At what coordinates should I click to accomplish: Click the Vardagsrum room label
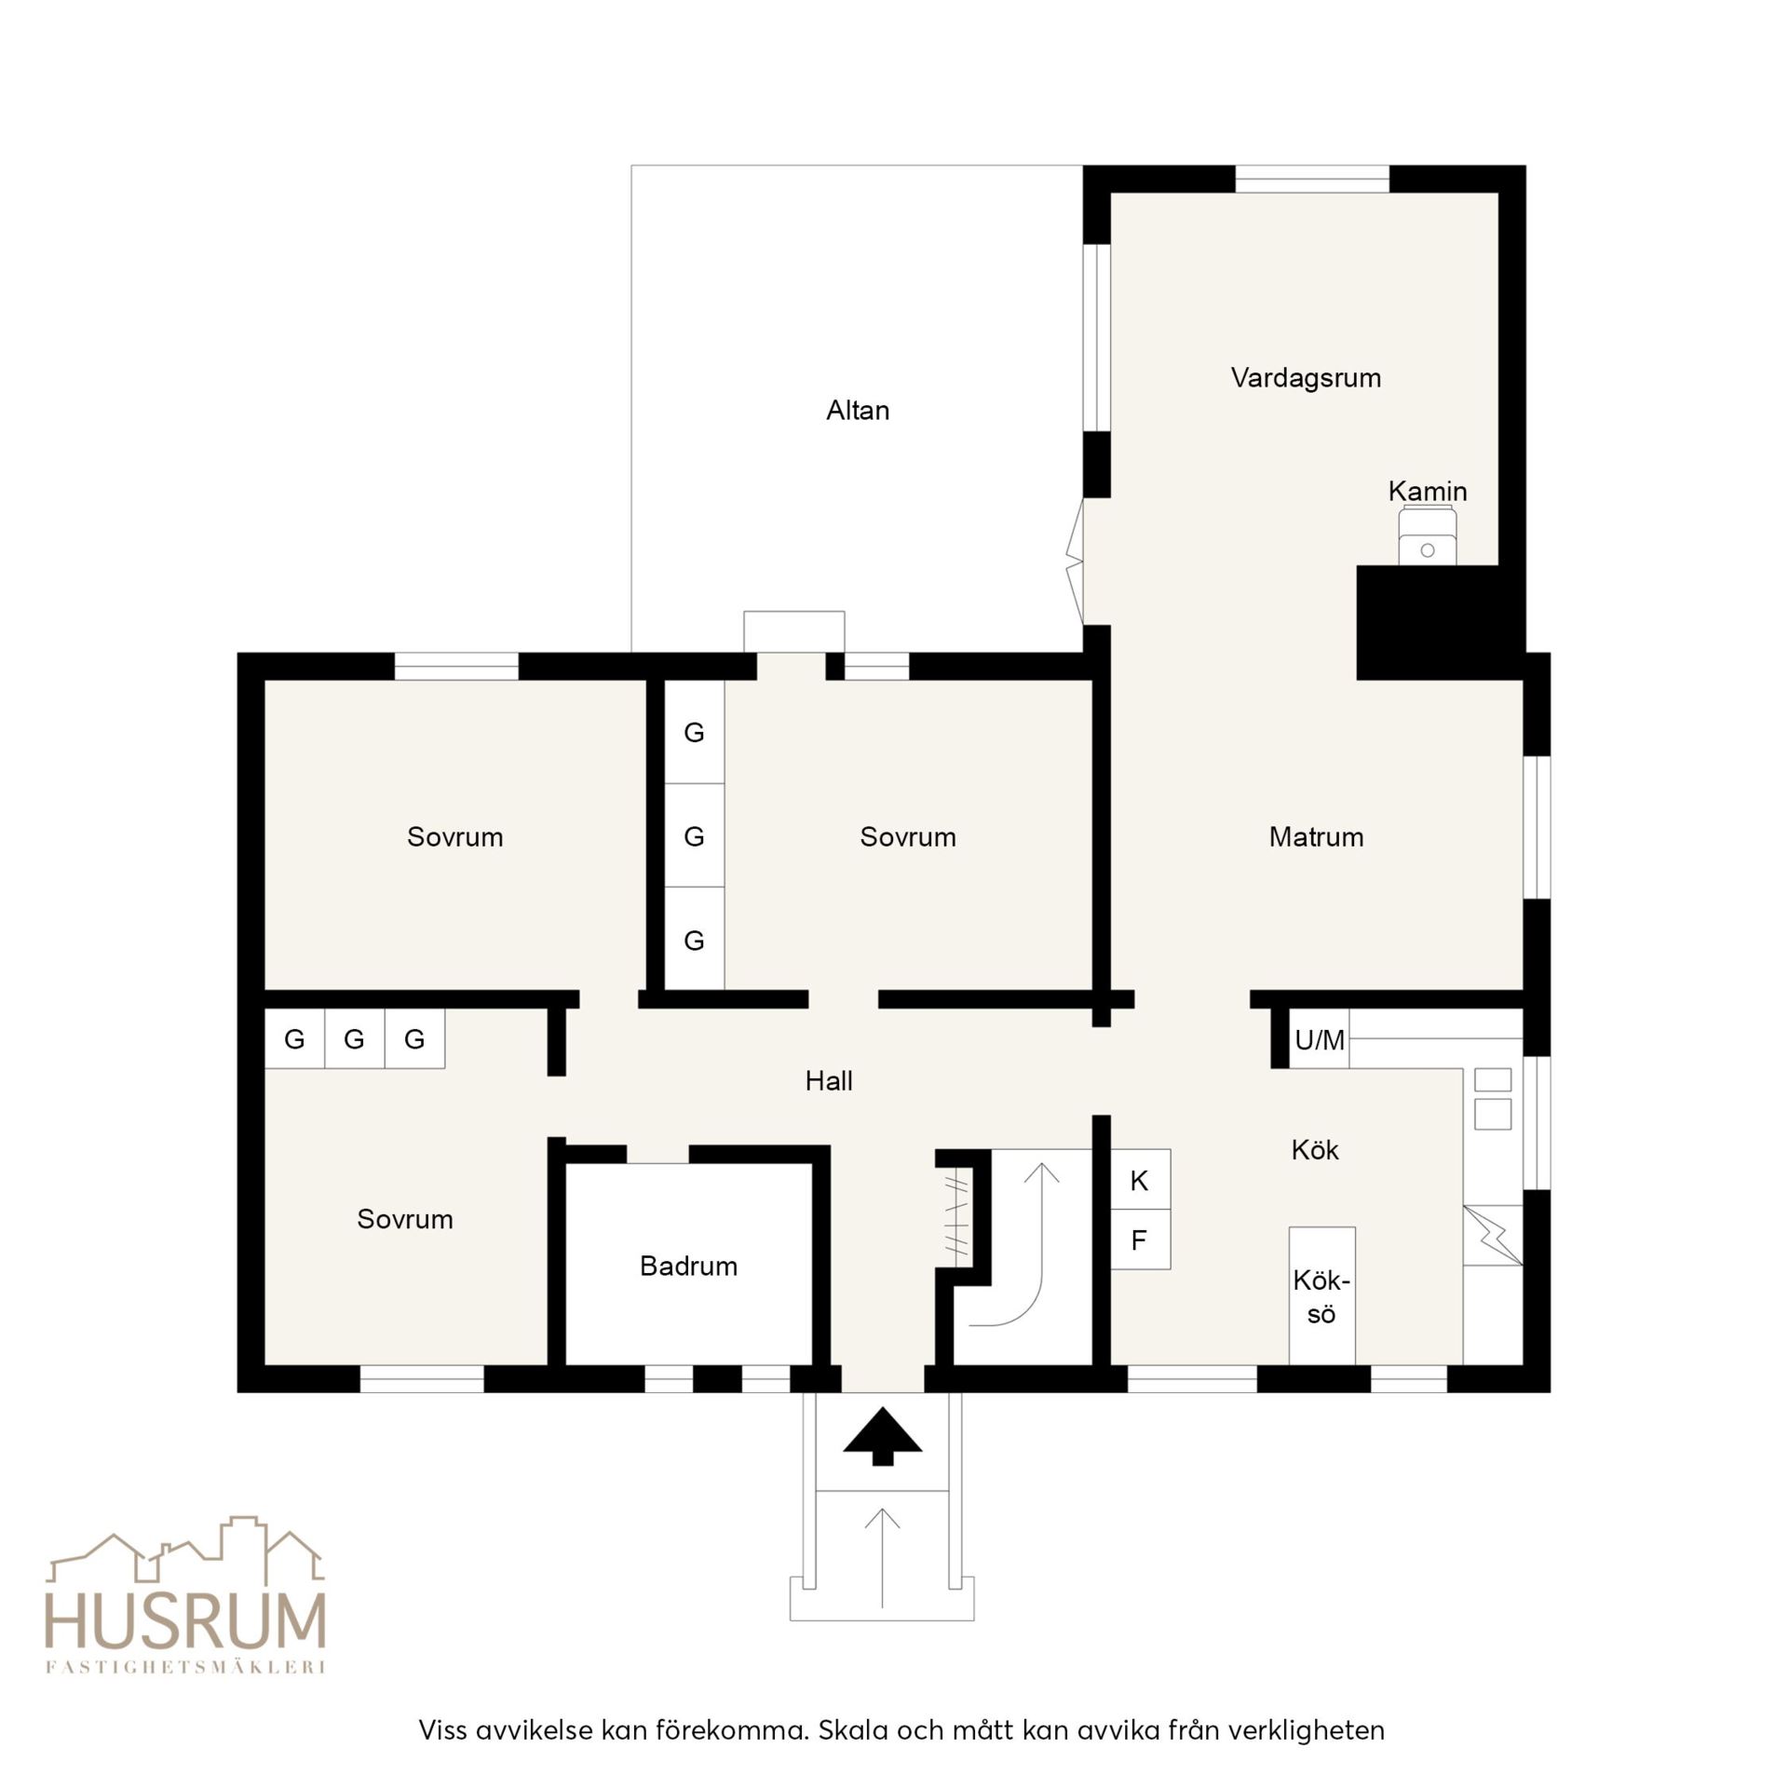coord(1306,378)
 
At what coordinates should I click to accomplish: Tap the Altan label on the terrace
coord(858,411)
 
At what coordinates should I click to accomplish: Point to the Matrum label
coord(1316,836)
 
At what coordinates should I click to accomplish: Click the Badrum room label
coord(688,1266)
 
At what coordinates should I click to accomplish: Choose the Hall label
coord(829,1080)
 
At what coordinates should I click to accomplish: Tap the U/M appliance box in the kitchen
coord(1319,1038)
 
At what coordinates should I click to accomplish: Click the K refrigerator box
coord(1141,1180)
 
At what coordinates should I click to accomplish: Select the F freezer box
coord(1141,1239)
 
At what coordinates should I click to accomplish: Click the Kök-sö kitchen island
coord(1321,1296)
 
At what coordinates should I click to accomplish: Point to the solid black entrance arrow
coord(883,1435)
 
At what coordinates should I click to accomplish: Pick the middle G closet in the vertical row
coord(694,835)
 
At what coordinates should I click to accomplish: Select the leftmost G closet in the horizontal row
coord(294,1038)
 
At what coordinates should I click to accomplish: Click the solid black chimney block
coord(1440,622)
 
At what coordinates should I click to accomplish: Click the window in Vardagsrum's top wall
coord(1312,179)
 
